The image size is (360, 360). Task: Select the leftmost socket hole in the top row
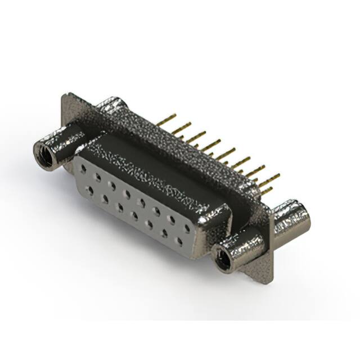84,168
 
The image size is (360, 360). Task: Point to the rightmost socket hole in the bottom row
180,242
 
